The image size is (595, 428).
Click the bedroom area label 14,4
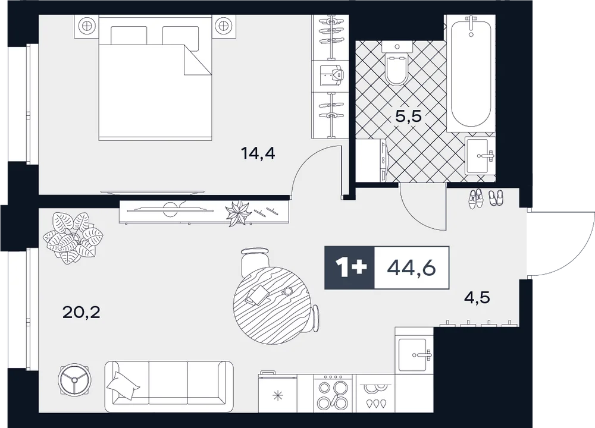[258, 154]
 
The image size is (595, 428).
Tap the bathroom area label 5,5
[408, 116]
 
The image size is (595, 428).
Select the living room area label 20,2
[82, 312]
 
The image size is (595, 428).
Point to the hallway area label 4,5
[477, 298]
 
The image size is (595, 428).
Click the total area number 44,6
[411, 268]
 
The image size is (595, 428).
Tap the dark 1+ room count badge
[349, 267]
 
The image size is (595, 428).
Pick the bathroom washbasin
[480, 155]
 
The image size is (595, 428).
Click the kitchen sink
[414, 355]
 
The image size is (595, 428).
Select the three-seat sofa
[168, 386]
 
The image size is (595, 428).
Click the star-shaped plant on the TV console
[238, 213]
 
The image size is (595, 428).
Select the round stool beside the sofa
[74, 379]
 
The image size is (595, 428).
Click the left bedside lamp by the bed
[86, 27]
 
